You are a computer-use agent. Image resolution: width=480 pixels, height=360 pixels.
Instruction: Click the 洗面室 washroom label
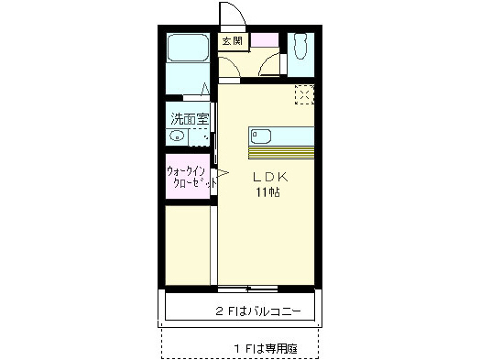pos(189,118)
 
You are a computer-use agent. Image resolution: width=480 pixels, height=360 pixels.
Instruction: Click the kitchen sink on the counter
pos(260,136)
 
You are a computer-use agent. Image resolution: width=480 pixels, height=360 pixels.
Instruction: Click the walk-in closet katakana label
pos(191,177)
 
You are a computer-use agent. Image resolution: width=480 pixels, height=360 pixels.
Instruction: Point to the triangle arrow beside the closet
pos(222,172)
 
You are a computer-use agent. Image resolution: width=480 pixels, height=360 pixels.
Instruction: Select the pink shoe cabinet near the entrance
pos(266,40)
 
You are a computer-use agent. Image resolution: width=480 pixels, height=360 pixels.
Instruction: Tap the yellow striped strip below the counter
pos(280,151)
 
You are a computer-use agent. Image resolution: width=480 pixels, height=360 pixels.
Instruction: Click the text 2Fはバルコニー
pos(258,311)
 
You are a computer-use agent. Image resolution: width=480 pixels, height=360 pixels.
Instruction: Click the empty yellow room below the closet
pos(188,243)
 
